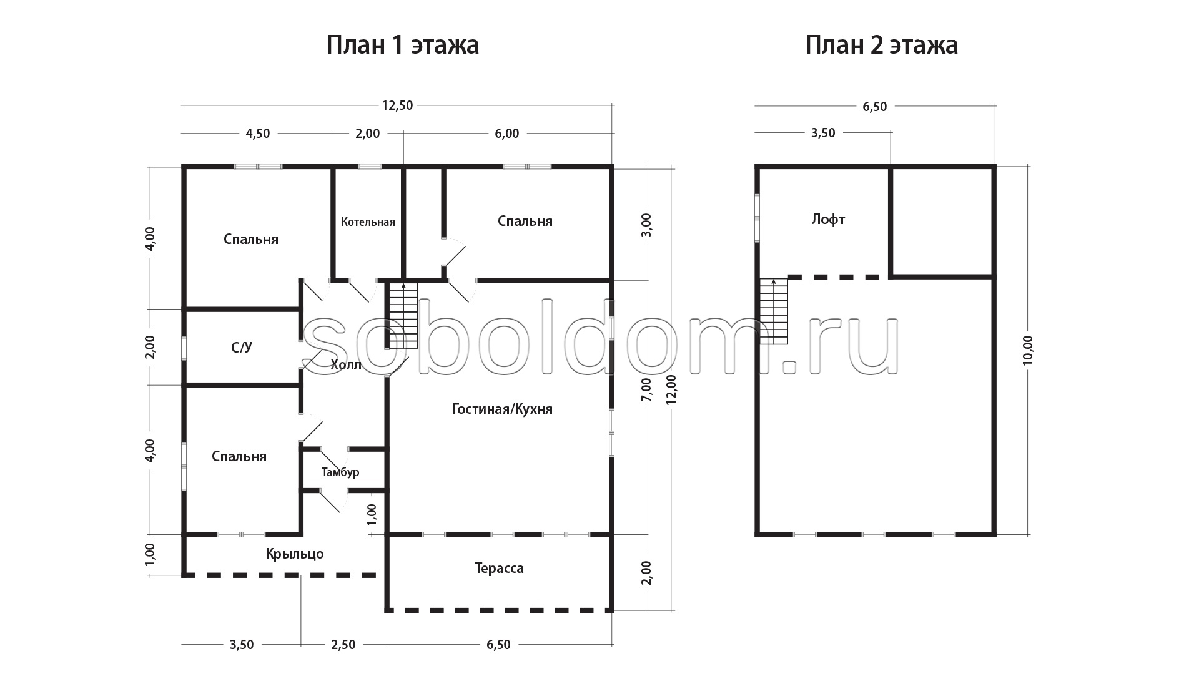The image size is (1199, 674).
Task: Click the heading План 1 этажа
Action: [403, 46]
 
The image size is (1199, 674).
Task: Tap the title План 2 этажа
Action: [881, 46]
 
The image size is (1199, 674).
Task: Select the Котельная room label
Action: [368, 222]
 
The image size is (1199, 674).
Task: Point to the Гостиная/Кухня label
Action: [503, 409]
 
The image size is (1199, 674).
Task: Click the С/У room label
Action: [242, 348]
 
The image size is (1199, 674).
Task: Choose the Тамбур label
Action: [340, 472]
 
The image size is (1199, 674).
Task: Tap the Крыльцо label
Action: [295, 554]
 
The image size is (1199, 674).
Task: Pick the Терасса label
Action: [499, 569]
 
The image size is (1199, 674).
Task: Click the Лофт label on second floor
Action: [829, 220]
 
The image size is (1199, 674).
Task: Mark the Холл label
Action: [346, 365]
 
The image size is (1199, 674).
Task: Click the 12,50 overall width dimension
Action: [398, 105]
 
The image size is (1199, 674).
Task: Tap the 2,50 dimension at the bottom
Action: [343, 645]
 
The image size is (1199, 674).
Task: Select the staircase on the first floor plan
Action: [403, 315]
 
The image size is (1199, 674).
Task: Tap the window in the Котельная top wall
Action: [370, 167]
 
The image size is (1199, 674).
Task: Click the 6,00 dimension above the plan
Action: [506, 134]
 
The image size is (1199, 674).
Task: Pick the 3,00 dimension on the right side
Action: [646, 225]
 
